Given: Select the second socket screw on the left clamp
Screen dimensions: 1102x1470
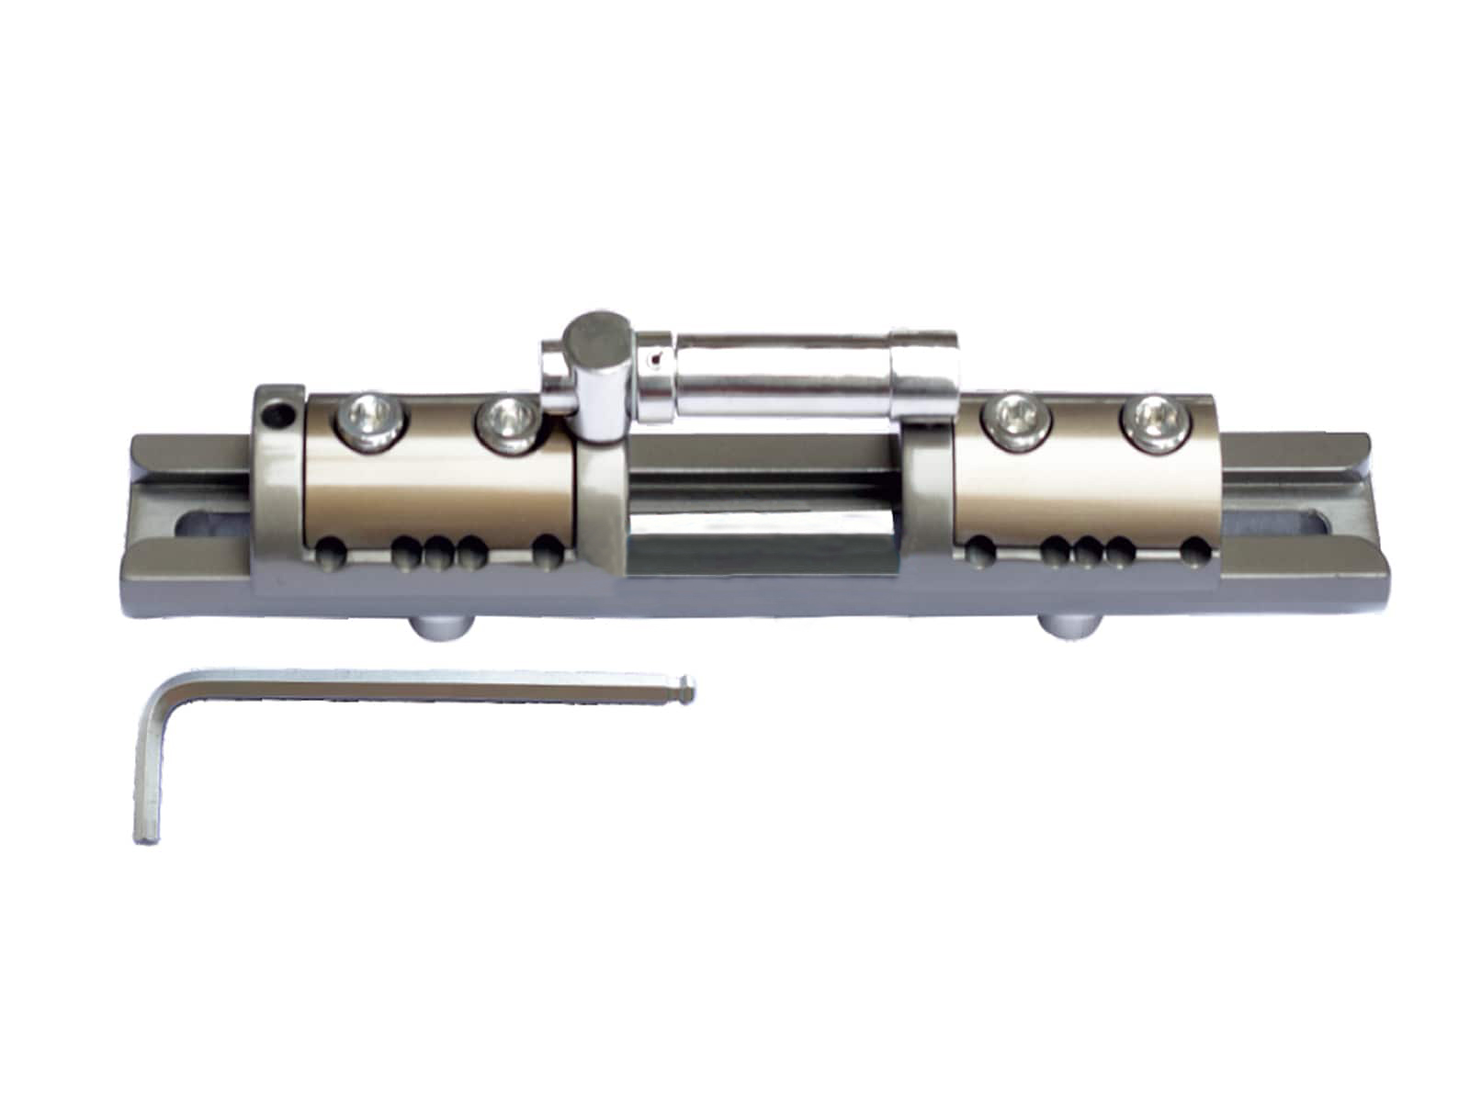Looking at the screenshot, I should pyautogui.click(x=506, y=422).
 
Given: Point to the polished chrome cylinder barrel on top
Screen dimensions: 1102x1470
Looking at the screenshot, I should pyautogui.click(x=781, y=372).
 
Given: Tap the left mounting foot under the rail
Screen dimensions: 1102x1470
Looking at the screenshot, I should pyautogui.click(x=442, y=628).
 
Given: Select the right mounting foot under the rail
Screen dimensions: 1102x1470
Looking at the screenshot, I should pyautogui.click(x=1071, y=628).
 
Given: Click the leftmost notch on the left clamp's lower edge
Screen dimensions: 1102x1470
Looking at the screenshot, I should pyautogui.click(x=332, y=555).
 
